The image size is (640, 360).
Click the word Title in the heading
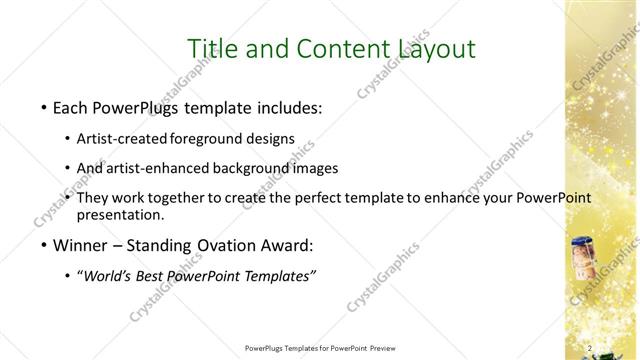click(215, 48)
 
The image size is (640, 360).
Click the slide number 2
click(591, 348)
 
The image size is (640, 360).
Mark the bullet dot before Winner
click(44, 245)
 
